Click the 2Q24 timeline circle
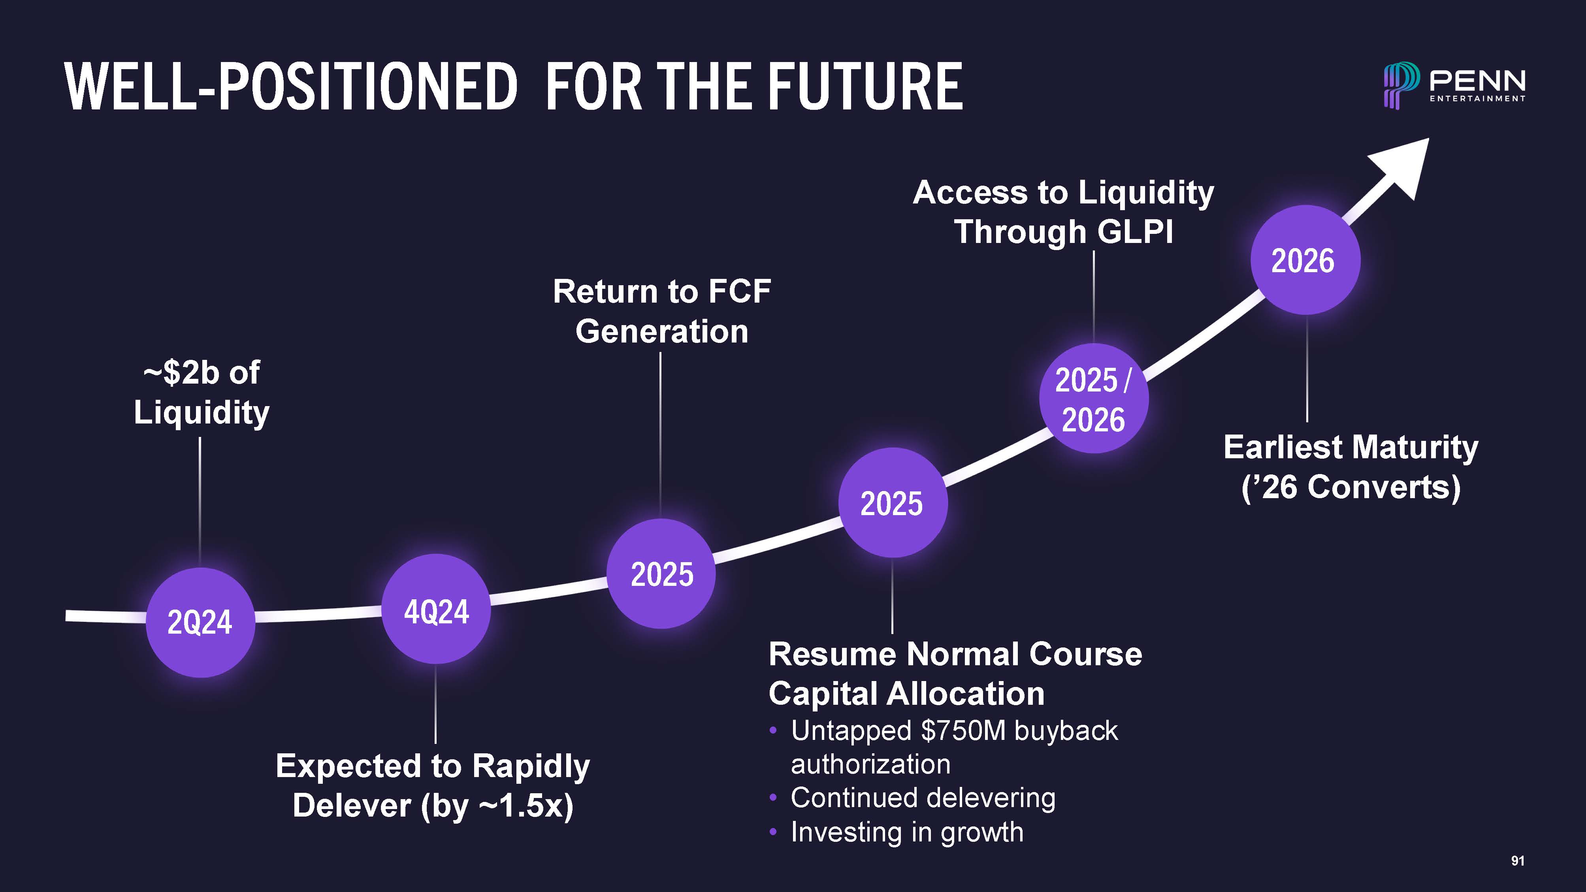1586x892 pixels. [x=200, y=622]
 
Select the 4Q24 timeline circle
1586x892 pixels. [x=436, y=609]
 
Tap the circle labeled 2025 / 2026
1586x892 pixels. [x=1093, y=398]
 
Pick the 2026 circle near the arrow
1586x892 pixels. [x=1305, y=260]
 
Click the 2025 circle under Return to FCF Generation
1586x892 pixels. [x=661, y=574]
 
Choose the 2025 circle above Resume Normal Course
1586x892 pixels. [x=893, y=503]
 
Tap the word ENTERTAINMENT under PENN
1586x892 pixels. [x=1477, y=98]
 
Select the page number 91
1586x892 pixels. [x=1518, y=861]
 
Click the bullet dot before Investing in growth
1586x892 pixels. [x=773, y=833]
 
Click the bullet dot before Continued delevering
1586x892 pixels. [x=773, y=798]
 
